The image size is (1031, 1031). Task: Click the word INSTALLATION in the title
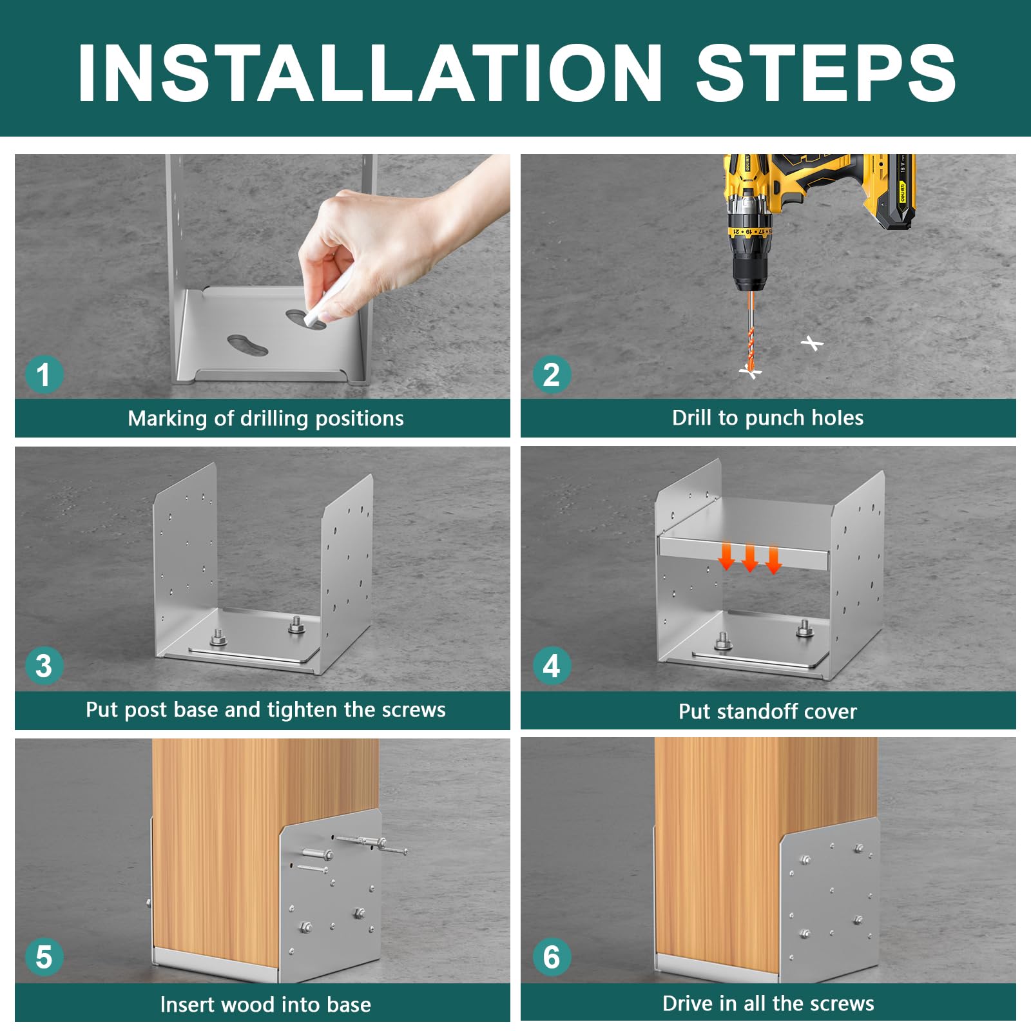370,73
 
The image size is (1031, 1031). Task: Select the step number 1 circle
44,375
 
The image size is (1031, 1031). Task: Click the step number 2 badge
552,375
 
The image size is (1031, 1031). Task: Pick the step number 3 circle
44,666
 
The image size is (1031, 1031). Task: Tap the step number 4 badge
552,666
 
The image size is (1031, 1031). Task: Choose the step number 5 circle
44,957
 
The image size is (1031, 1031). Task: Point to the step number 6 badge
552,957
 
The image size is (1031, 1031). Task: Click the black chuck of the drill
750,271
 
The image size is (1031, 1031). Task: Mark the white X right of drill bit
813,343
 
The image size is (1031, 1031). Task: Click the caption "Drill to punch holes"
767,418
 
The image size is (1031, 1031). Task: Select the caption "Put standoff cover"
767,711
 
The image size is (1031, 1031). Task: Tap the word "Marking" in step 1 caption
168,419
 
